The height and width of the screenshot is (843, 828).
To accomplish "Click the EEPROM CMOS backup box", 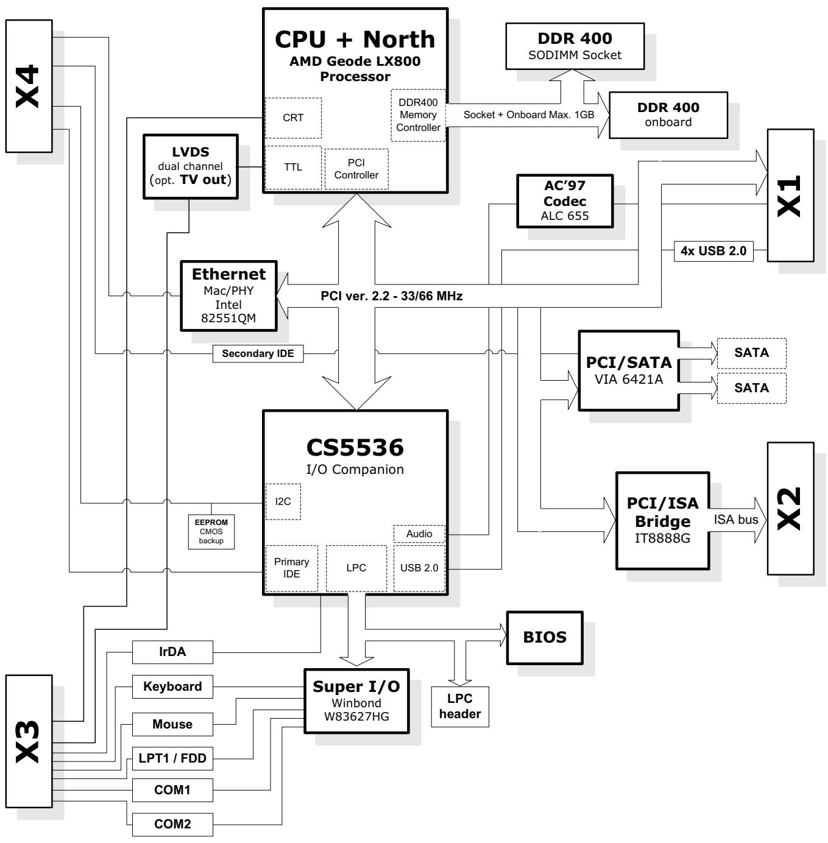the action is click(211, 531).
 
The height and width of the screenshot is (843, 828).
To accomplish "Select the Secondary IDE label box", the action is click(258, 353).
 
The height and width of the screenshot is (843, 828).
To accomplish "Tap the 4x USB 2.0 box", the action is click(713, 251).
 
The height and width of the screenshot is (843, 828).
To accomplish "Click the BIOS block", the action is click(545, 637).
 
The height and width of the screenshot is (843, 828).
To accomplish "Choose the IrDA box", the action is click(172, 652).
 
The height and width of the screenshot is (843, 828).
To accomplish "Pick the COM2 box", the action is click(172, 824).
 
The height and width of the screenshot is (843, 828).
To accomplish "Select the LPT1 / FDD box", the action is click(172, 758).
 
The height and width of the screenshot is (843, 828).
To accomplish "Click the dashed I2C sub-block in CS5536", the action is click(283, 501).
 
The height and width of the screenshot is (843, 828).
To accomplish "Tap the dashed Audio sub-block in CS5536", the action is click(419, 534).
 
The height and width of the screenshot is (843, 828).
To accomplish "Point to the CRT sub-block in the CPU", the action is click(293, 118).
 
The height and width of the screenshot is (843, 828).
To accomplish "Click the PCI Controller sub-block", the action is click(356, 169).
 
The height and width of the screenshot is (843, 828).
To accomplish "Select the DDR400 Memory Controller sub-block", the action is click(418, 115).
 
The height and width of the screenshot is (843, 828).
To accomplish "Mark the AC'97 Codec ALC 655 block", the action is click(565, 201).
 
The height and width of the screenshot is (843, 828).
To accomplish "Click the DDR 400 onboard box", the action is click(668, 115).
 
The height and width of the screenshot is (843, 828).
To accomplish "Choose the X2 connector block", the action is click(790, 509).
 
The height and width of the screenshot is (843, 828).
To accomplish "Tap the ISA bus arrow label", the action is click(735, 520).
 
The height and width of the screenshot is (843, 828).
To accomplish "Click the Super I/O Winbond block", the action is click(356, 701).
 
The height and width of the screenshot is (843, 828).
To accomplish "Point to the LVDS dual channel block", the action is click(190, 167).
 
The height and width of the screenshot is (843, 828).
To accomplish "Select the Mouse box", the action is click(172, 724).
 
